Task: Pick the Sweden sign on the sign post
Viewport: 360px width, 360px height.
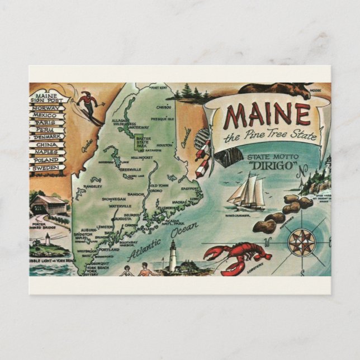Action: coord(45,167)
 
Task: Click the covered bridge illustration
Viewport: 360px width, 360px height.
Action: coord(49,204)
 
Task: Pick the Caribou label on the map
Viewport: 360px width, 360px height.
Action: coord(163,107)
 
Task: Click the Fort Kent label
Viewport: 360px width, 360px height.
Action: coord(159,88)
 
